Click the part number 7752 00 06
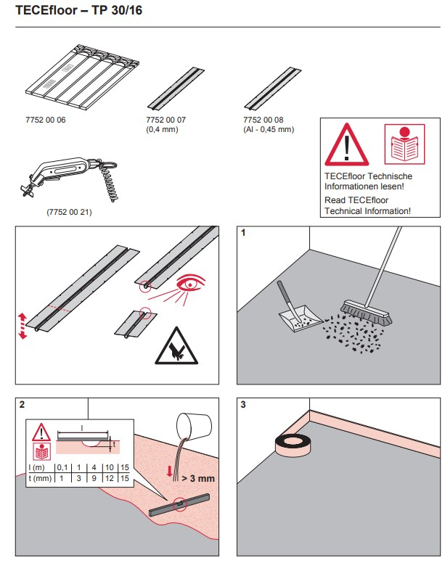[x=46, y=120]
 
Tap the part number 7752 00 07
[x=166, y=120]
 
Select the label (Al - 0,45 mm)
[x=269, y=130]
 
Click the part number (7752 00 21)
[x=70, y=213]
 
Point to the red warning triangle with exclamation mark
[x=346, y=144]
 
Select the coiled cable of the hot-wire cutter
[x=111, y=184]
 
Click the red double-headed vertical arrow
[x=22, y=326]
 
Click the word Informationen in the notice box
[x=353, y=186]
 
